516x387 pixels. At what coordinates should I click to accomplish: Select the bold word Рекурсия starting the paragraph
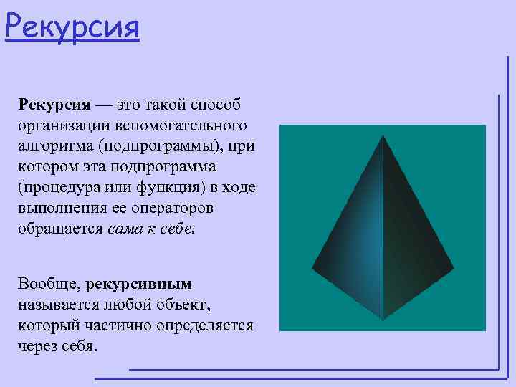point(54,105)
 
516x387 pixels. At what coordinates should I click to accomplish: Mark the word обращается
point(62,229)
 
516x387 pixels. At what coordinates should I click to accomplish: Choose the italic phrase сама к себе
point(150,229)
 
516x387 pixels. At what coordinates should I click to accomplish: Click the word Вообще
point(47,284)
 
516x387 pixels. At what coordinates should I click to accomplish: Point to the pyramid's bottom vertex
point(383,319)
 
